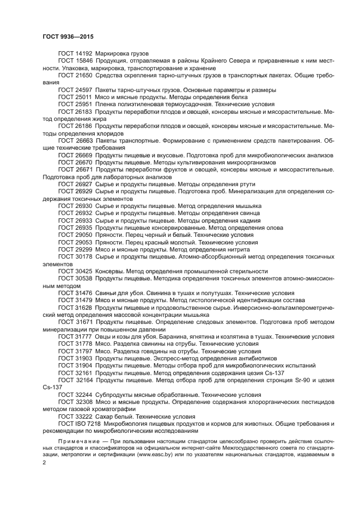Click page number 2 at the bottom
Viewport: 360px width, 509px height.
click(x=45, y=462)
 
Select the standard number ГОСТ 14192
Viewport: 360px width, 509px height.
click(x=75, y=54)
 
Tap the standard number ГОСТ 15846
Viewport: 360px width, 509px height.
click(x=75, y=62)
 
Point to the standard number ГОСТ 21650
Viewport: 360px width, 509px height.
click(x=75, y=76)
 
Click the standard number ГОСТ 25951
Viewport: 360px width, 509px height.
click(x=75, y=103)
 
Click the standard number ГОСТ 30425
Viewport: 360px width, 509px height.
click(x=75, y=271)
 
